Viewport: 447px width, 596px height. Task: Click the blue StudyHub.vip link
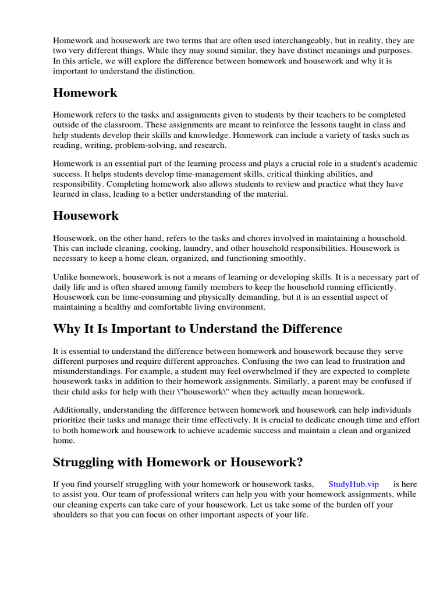(353, 484)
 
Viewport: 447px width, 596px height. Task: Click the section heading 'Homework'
(85, 93)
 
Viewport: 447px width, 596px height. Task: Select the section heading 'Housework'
(86, 216)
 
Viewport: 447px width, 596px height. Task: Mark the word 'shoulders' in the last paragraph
(72, 515)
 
